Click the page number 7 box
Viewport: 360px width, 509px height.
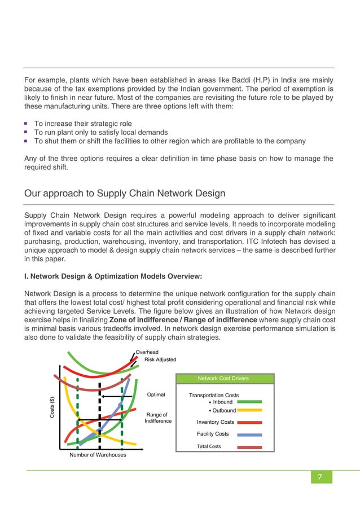[x=319, y=477]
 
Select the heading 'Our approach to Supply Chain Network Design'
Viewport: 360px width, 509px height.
[x=124, y=193]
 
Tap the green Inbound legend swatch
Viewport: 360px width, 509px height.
[x=249, y=402]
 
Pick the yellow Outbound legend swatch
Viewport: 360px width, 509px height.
[x=249, y=410]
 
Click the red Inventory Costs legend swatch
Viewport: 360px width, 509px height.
[x=249, y=422]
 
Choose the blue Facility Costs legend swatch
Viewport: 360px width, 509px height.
[x=249, y=434]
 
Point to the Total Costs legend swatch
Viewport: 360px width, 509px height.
[x=249, y=446]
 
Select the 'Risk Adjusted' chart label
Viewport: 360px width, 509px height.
[x=160, y=359]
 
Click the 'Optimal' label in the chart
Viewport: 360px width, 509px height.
[x=156, y=394]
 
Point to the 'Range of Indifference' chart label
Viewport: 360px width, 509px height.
[x=158, y=418]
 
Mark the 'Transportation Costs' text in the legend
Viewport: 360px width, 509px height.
[x=214, y=395]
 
